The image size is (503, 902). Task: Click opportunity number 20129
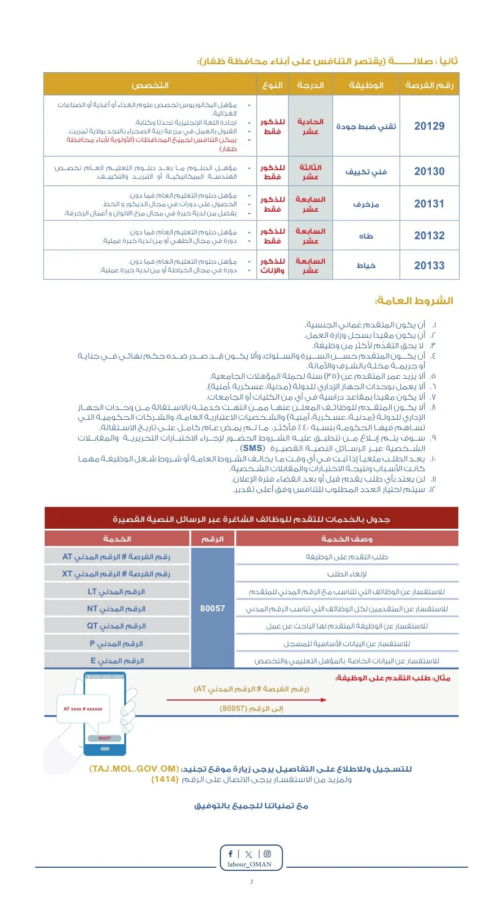tap(429, 126)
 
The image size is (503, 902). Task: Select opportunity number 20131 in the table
tap(429, 204)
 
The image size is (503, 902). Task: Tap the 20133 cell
tap(429, 265)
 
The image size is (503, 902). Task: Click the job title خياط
tap(366, 266)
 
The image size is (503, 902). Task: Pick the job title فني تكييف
tap(366, 172)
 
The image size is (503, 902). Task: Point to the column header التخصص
tap(150, 85)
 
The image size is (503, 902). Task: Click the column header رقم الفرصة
tap(429, 85)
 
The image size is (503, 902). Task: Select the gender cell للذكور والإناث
tap(272, 266)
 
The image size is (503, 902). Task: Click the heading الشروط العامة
tap(414, 301)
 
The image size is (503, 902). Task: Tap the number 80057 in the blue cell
tap(212, 609)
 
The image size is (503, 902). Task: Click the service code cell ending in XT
tap(116, 574)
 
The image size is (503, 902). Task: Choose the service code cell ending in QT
tap(116, 626)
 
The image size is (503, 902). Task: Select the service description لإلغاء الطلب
tap(347, 574)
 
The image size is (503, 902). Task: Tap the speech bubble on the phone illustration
tap(83, 711)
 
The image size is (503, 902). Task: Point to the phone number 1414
tap(165, 780)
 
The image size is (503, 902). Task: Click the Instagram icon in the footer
tap(267, 854)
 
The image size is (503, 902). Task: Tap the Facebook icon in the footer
tap(231, 854)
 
